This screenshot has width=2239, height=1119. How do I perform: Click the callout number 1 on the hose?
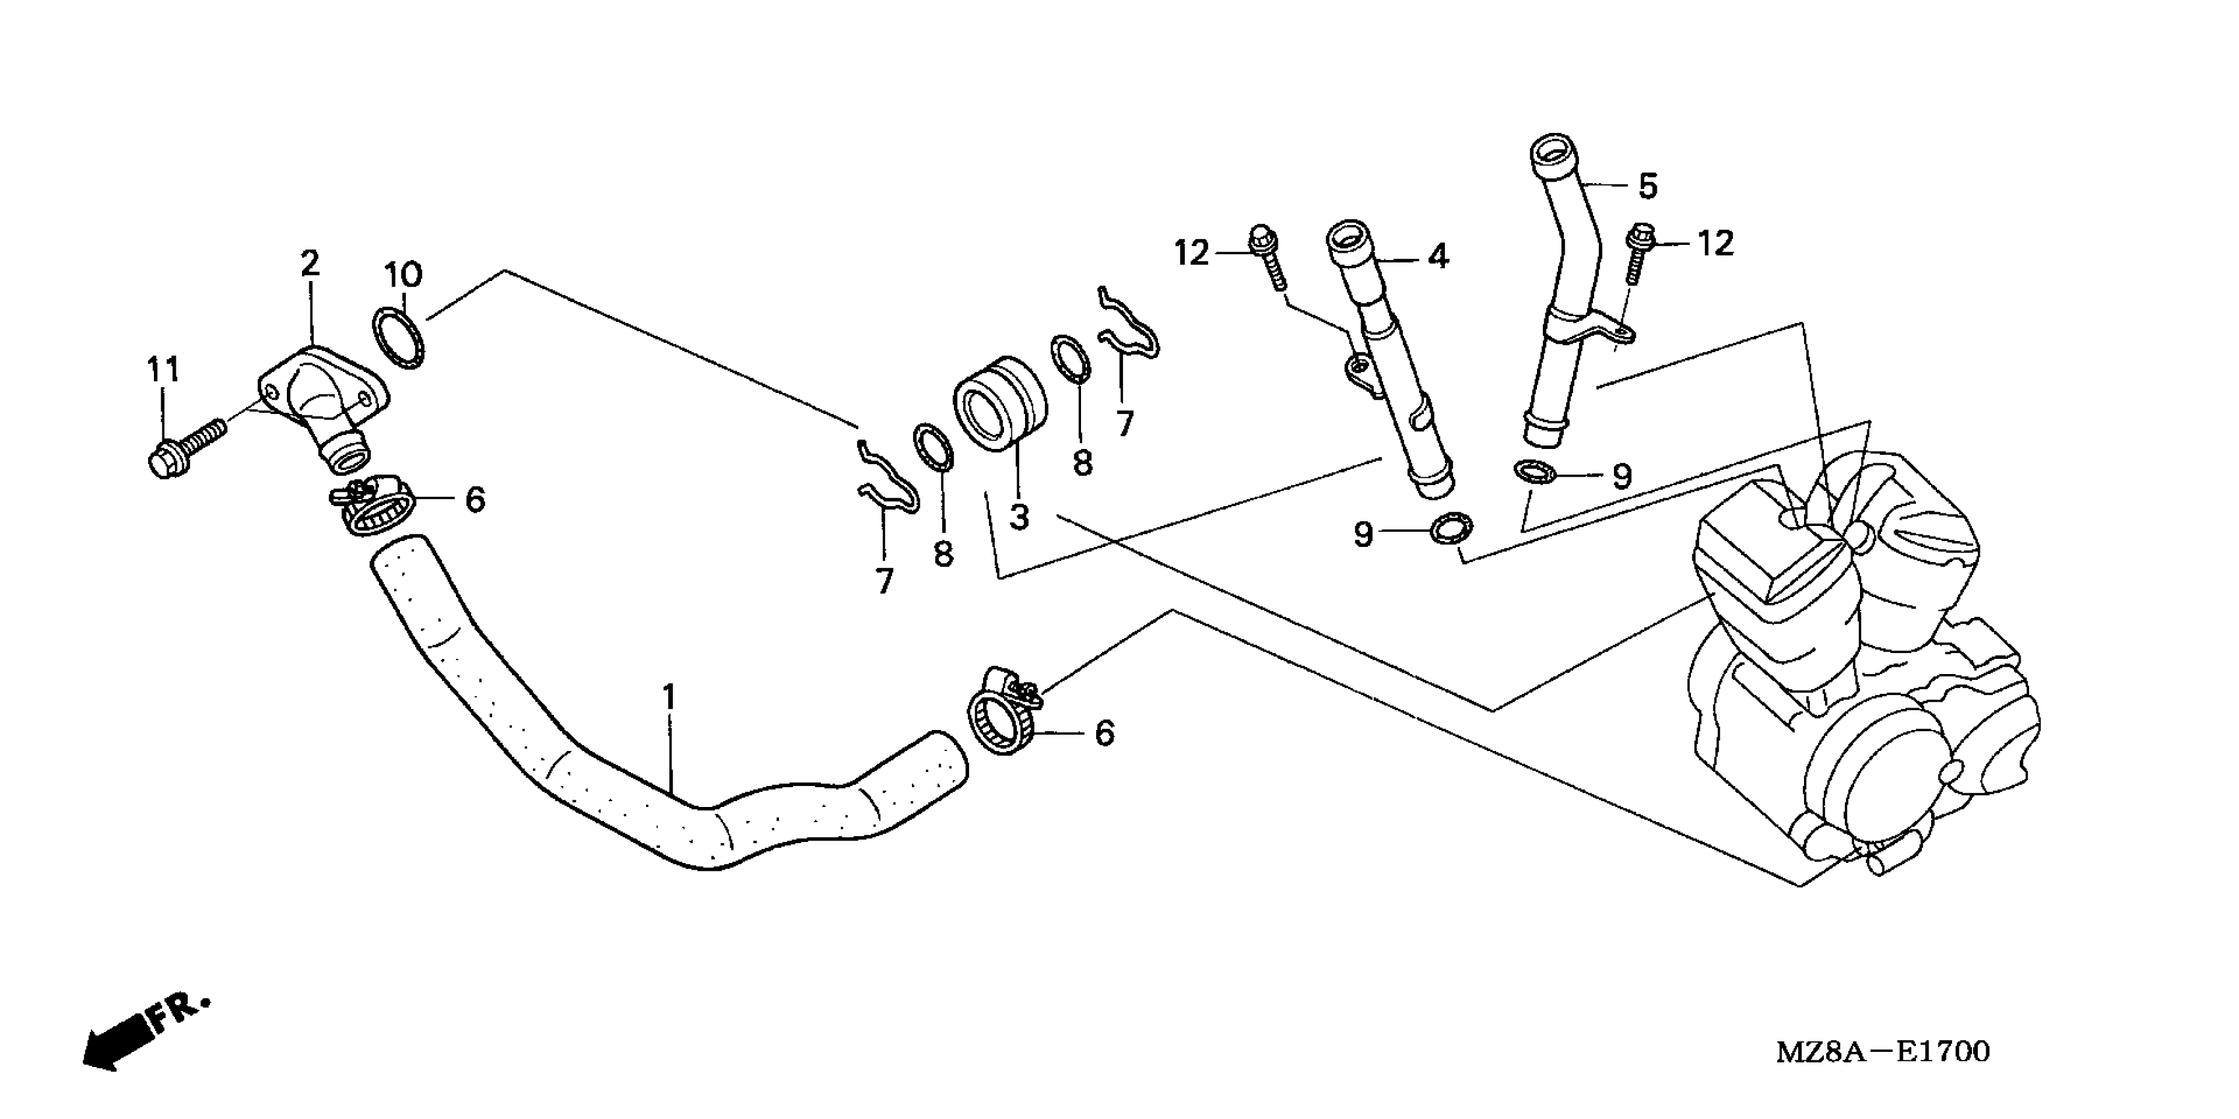pos(668,697)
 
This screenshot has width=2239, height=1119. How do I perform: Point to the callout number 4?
pos(1438,257)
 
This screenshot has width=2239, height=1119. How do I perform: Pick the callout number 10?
pos(403,274)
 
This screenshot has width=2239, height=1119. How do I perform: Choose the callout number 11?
pos(163,369)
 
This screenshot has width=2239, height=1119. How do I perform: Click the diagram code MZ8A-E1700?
pos(1882,1052)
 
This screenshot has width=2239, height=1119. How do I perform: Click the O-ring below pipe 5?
pos(1535,471)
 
